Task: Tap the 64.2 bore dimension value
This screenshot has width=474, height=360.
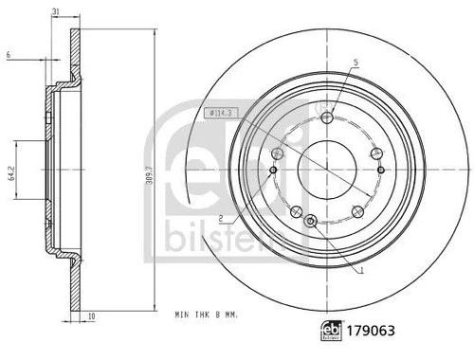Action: (12, 174)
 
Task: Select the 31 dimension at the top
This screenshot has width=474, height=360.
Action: (56, 11)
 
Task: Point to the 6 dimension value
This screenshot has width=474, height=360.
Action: (9, 55)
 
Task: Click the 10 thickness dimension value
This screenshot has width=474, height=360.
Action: (91, 316)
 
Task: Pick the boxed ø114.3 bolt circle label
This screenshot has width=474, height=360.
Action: (221, 113)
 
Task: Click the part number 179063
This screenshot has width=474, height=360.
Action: (371, 331)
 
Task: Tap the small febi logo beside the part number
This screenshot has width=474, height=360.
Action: (332, 331)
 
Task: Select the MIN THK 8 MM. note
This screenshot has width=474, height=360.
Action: (207, 315)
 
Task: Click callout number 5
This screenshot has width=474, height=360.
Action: (356, 63)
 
